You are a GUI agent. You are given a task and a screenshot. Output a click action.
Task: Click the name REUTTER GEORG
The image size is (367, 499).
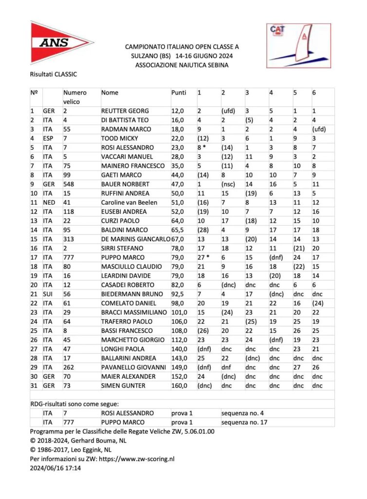pyautogui.click(x=125, y=111)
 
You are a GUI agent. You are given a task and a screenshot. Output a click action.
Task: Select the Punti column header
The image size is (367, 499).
pyautogui.click(x=179, y=93)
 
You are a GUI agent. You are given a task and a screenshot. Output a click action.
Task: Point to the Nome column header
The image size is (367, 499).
pyautogui.click(x=110, y=93)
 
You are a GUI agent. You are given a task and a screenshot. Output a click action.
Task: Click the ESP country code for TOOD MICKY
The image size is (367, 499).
pyautogui.click(x=48, y=138)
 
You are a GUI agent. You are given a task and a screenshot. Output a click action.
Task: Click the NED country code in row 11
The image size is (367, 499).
pyautogui.click(x=48, y=203)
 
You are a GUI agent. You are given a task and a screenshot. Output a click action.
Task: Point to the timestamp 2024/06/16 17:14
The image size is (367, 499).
pyautogui.click(x=55, y=468)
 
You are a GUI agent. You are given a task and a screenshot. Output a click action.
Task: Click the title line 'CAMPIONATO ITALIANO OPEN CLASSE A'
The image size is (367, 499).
pyautogui.click(x=182, y=47)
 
